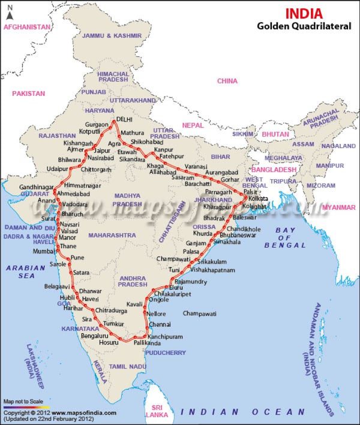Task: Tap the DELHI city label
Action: click(x=124, y=119)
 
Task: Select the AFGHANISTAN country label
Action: click(x=27, y=27)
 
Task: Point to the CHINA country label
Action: click(x=227, y=81)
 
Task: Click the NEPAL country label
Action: click(x=193, y=125)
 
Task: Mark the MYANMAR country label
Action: click(x=339, y=207)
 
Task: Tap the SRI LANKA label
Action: click(x=158, y=410)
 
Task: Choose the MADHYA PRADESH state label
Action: click(x=127, y=200)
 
